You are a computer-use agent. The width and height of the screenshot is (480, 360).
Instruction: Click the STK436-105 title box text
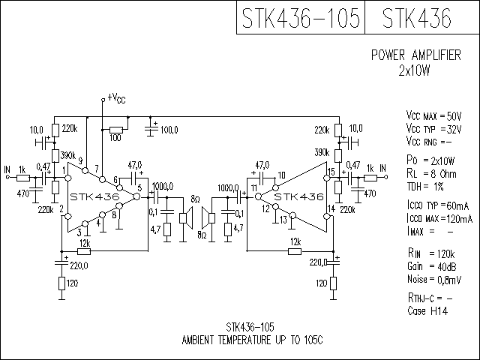pyautogui.click(x=300, y=17)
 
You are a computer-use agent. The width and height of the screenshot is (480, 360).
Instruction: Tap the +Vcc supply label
pyautogui.click(x=116, y=97)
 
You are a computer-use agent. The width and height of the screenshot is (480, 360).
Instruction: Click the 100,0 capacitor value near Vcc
pyautogui.click(x=169, y=130)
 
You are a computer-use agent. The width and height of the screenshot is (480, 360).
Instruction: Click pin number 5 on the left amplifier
pyautogui.click(x=139, y=187)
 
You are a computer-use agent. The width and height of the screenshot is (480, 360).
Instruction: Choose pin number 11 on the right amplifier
pyautogui.click(x=254, y=187)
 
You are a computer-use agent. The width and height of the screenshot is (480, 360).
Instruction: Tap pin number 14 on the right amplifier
pyautogui.click(x=331, y=208)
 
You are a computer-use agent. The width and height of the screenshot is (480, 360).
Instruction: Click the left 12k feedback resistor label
pyautogui.click(x=84, y=243)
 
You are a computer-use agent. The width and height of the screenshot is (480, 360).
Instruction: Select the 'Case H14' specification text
pyautogui.click(x=428, y=310)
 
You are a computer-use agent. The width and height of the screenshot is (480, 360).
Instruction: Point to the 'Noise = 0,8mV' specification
pyautogui.click(x=433, y=279)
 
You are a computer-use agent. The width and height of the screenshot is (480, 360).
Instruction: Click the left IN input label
pyautogui.click(x=7, y=167)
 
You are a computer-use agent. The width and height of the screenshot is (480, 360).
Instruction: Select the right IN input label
pyautogui.click(x=382, y=167)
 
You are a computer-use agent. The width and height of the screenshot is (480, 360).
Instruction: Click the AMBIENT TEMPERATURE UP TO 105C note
pyautogui.click(x=252, y=340)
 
